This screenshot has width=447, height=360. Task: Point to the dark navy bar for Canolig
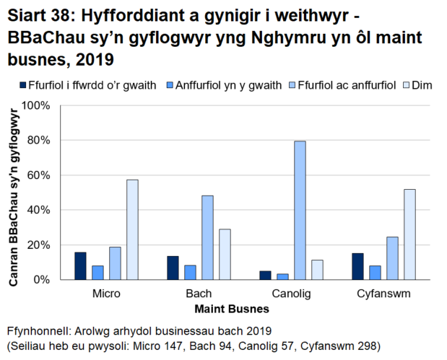pyautogui.click(x=265, y=275)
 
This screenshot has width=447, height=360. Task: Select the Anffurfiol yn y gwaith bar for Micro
pyautogui.click(x=97, y=272)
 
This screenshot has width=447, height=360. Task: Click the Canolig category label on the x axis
pyautogui.click(x=291, y=295)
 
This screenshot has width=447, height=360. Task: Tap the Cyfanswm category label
pyautogui.click(x=383, y=295)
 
